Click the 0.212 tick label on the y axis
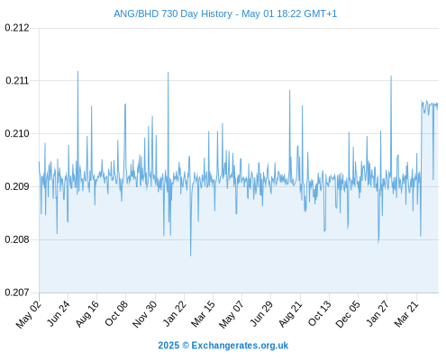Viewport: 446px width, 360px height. tap(17, 28)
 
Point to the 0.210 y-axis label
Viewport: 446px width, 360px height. tap(17, 133)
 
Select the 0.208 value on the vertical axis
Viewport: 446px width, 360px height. tap(17, 239)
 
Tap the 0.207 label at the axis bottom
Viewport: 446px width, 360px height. tap(17, 292)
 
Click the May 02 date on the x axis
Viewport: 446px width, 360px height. tap(29, 314)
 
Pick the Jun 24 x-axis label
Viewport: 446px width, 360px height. tap(59, 313)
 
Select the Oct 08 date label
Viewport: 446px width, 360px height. tap(116, 313)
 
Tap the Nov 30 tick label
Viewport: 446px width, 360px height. tap(145, 314)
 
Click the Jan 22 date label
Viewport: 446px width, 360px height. tap(175, 313)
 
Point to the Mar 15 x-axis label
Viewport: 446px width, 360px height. tap(203, 314)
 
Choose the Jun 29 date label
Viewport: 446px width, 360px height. tap(261, 313)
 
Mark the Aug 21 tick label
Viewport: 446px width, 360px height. tap(290, 314)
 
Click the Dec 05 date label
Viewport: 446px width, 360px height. tap(348, 314)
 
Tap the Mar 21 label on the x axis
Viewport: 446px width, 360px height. tap(406, 314)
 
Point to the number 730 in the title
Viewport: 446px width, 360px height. tap(169, 13)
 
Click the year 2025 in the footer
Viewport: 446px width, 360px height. tap(168, 346)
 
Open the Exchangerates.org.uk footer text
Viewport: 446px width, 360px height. tap(240, 346)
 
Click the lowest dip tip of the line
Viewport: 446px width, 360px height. tap(190, 256)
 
